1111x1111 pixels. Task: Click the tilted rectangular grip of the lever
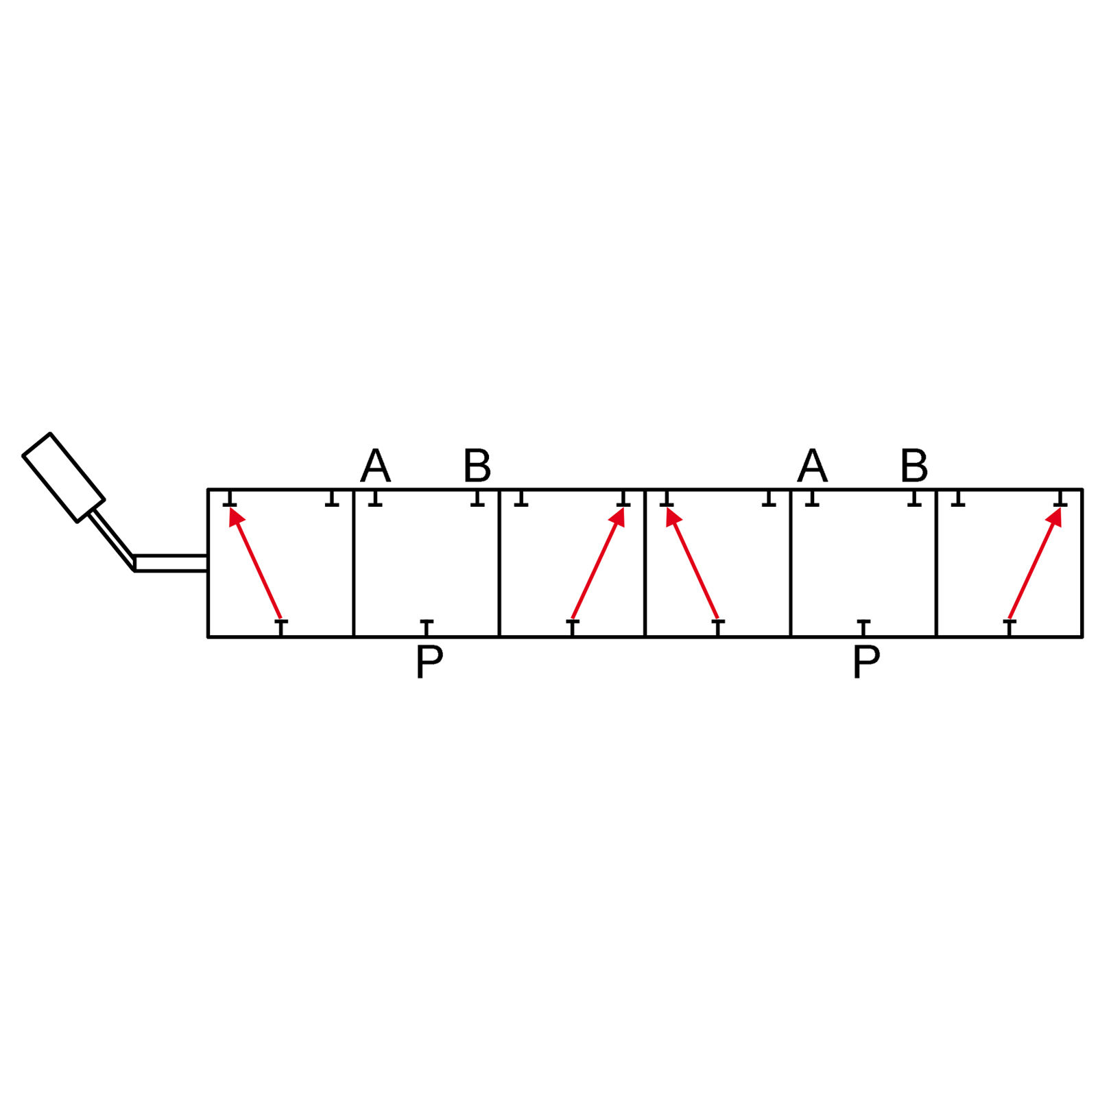coord(64,478)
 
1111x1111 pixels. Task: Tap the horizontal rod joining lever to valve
coord(171,563)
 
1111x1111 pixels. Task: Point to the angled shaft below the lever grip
coord(111,540)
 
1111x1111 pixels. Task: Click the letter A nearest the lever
coord(375,466)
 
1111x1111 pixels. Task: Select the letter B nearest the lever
coord(477,466)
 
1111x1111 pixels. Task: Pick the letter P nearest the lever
coord(429,662)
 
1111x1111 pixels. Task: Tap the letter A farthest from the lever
coord(812,466)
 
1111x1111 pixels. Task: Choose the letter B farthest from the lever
coord(914,466)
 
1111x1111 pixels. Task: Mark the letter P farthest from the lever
coord(866,662)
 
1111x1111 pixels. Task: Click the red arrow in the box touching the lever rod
coord(255,563)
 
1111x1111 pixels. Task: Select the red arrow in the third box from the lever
coord(598,563)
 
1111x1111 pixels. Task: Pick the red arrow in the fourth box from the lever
coord(692,563)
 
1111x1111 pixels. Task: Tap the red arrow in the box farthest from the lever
coord(1035,563)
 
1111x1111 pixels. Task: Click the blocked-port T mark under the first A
coord(375,498)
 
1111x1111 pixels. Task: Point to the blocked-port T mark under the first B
coord(477,498)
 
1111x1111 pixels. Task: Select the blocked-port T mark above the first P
coord(427,628)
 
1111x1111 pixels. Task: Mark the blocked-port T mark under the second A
coord(812,498)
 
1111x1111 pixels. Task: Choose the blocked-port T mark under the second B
coord(914,498)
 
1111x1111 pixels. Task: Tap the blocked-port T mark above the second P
coord(863,628)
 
